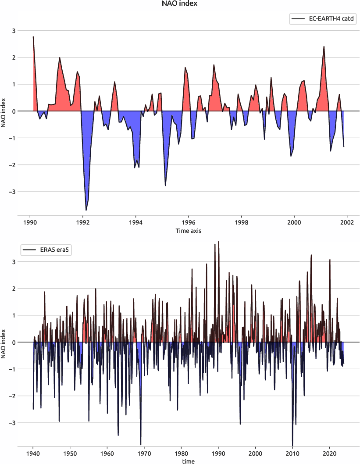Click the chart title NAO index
(x=180, y=4)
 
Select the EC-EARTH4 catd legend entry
(x=321, y=19)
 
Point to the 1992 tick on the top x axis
(x=83, y=222)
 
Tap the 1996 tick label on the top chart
(x=189, y=222)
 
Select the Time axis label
(x=189, y=230)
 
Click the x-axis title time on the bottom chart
(x=189, y=461)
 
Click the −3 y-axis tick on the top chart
(x=12, y=192)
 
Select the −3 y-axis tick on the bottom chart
(x=12, y=423)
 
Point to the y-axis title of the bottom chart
(x=4, y=342)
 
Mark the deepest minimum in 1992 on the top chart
(x=86, y=211)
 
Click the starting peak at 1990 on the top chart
(x=33, y=37)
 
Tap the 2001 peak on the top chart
(x=324, y=46)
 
